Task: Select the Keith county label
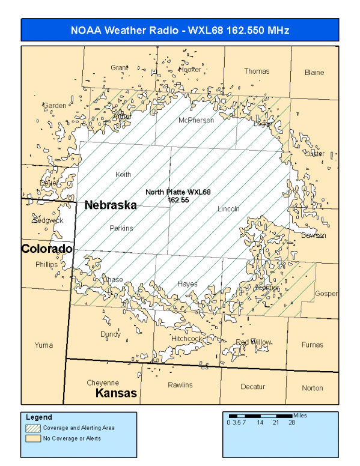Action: coord(123,175)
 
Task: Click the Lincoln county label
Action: coord(228,209)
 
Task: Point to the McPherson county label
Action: coord(196,121)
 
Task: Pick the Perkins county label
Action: coord(121,228)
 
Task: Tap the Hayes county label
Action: coord(188,283)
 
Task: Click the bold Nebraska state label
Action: coord(111,205)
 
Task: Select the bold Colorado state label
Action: coord(47,249)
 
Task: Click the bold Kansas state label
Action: coord(117,394)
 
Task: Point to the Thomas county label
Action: coord(257,71)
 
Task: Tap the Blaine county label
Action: coord(314,73)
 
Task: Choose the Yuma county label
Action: coord(44,345)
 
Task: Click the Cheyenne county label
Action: coord(103,383)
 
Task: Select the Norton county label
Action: coord(313,388)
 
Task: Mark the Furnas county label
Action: coord(313,345)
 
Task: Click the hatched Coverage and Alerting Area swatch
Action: coord(32,428)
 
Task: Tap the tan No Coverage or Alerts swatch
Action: coord(32,438)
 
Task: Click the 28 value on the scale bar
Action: coord(291,423)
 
